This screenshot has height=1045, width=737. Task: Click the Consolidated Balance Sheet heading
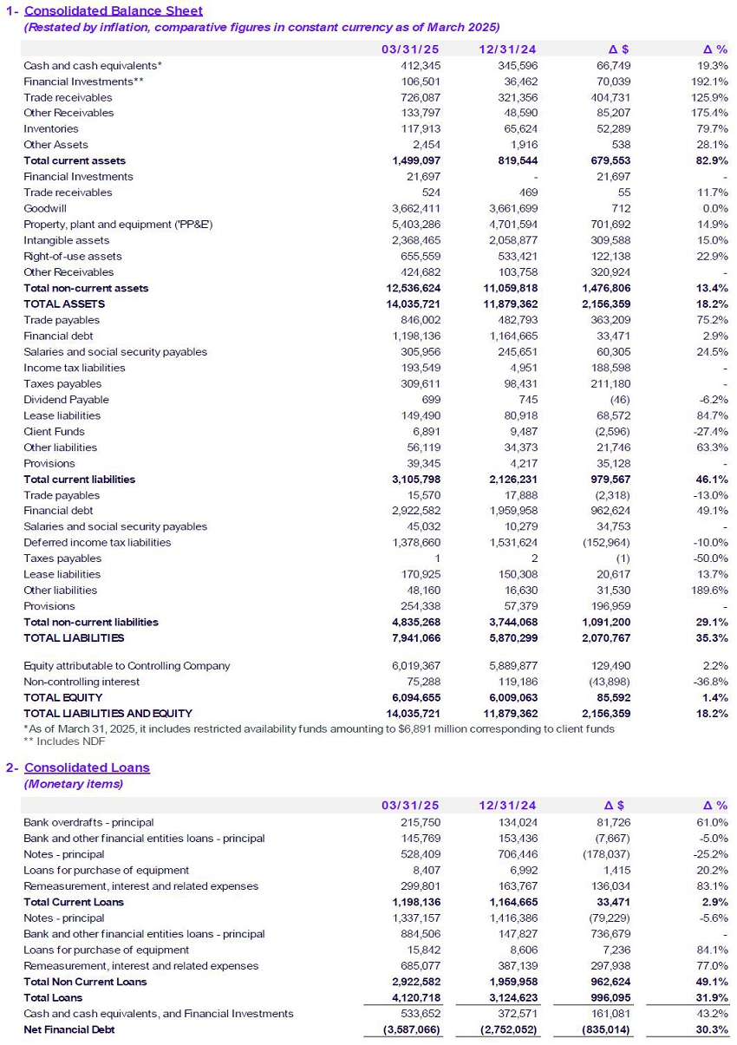tap(113, 11)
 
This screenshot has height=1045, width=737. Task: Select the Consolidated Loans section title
tap(87, 767)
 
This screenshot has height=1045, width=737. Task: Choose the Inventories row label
tap(51, 129)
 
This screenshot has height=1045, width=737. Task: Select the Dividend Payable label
tap(66, 400)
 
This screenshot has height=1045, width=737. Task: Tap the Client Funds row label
tap(54, 432)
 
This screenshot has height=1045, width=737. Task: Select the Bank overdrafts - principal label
tap(88, 822)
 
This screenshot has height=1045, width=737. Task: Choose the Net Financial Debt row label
tap(69, 1029)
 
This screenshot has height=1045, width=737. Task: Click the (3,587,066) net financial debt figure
tap(411, 1029)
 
